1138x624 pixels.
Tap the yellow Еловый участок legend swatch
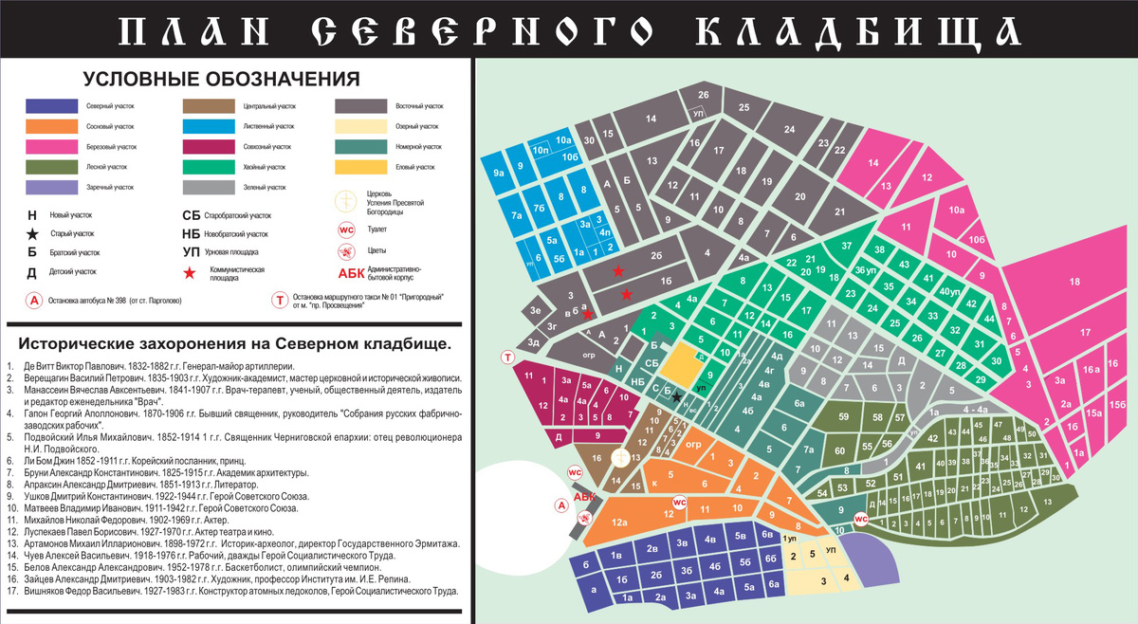tap(360, 167)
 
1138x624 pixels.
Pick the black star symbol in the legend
tap(32, 233)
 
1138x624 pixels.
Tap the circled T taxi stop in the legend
tap(280, 300)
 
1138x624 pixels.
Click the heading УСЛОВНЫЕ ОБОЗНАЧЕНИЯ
tap(221, 79)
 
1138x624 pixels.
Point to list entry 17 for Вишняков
tap(57, 591)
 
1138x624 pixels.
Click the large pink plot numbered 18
tap(1074, 283)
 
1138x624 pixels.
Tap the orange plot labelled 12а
tap(620, 523)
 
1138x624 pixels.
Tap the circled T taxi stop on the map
tap(508, 357)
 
